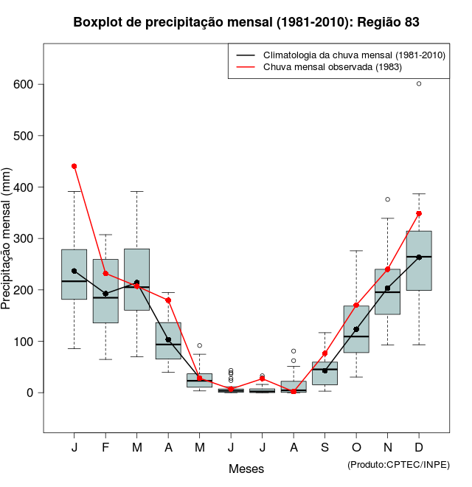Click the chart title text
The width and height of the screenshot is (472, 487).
pos(246,22)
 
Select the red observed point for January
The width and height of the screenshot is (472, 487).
pos(74,166)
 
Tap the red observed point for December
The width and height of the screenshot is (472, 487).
pos(419,213)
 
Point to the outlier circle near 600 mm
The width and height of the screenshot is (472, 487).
pos(419,83)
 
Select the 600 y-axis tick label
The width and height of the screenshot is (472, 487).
pos(24,84)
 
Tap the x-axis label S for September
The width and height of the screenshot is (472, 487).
pos(324,448)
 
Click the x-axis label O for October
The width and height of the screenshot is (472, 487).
pos(356,448)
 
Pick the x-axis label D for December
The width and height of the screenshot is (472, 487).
pos(419,448)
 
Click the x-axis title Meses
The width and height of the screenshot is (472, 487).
pos(246,469)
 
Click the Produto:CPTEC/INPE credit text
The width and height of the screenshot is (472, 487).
pos(398,464)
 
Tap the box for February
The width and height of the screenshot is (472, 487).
pos(105,291)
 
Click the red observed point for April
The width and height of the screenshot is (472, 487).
pos(168,300)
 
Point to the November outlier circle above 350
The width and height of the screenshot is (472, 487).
pos(388,199)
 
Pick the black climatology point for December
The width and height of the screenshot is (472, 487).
pos(419,258)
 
